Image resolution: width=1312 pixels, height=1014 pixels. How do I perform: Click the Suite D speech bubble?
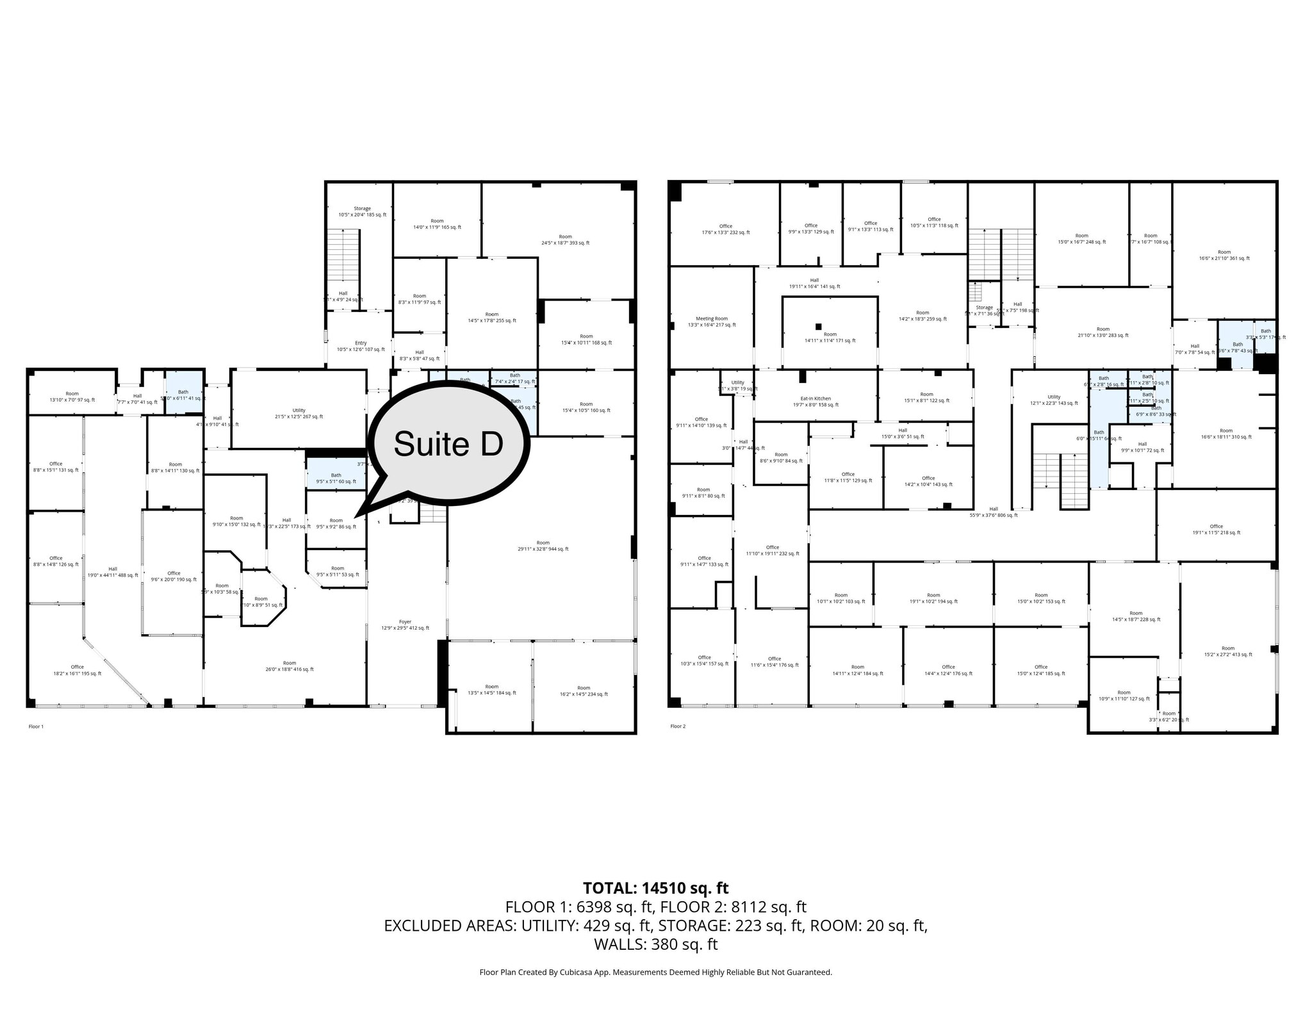point(448,443)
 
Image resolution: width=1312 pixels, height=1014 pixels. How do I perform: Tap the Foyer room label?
point(405,625)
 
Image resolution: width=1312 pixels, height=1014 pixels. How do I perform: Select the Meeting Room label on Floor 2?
point(712,322)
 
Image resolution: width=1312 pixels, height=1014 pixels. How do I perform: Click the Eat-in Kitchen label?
point(816,402)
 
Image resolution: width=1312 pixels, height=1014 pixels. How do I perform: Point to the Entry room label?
point(361,347)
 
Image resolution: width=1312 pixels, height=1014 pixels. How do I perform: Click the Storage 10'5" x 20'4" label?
point(362,211)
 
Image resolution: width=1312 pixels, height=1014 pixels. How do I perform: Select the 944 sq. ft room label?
point(543,546)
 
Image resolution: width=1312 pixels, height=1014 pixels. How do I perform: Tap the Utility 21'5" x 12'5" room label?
point(299,413)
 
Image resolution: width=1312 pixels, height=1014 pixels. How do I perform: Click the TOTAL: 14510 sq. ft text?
point(655,888)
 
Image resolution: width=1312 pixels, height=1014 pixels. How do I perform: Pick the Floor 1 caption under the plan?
point(37,726)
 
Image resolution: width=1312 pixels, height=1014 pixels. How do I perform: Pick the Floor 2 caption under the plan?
point(678,726)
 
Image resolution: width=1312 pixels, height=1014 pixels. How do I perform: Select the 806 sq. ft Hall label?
point(994,512)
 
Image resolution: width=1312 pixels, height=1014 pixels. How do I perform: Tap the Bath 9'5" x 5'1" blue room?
point(336,478)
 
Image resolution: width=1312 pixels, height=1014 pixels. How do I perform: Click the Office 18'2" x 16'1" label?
point(77,670)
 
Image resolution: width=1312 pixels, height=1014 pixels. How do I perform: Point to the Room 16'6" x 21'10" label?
point(1224,255)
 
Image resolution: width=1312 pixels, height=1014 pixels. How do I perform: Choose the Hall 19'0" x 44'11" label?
point(113,572)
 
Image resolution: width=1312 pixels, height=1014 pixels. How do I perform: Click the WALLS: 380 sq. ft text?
point(655,944)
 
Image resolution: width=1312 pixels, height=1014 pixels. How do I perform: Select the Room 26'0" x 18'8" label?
point(290,666)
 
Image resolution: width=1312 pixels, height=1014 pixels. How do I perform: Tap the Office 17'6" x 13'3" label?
point(725,229)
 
